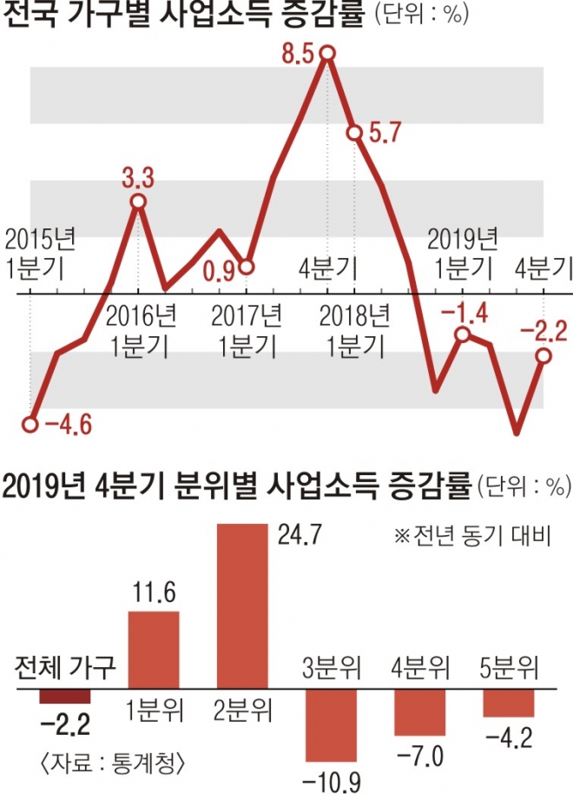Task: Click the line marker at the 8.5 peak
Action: click(x=327, y=54)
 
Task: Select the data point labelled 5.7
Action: click(x=354, y=133)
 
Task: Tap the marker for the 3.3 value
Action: click(x=138, y=202)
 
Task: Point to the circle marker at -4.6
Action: click(x=30, y=425)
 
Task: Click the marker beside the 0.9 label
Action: click(x=246, y=267)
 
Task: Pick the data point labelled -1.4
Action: click(x=463, y=335)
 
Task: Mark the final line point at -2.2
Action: click(x=543, y=355)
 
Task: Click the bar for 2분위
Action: click(x=242, y=605)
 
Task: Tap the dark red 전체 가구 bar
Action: click(x=64, y=697)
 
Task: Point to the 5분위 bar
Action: click(x=509, y=703)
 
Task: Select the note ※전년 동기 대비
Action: click(x=472, y=534)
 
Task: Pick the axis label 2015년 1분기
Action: click(x=35, y=252)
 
